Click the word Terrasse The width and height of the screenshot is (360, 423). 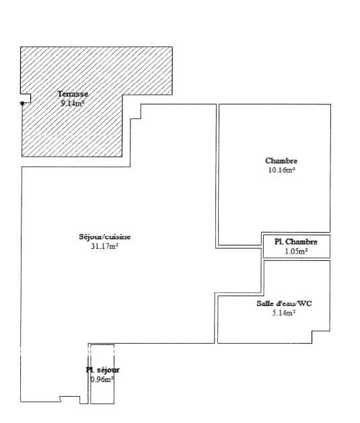click(x=73, y=94)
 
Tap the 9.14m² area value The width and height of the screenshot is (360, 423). click(x=73, y=103)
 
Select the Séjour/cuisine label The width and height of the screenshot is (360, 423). click(x=105, y=237)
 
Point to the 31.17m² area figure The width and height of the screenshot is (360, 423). click(x=105, y=246)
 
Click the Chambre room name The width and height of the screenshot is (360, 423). click(x=281, y=161)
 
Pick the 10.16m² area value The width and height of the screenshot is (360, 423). click(x=281, y=170)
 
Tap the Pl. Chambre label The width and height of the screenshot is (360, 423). click(x=296, y=241)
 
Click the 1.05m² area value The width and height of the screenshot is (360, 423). click(x=296, y=251)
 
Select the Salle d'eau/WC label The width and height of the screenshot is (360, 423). click(x=284, y=303)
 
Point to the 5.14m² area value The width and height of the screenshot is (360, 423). click(x=284, y=313)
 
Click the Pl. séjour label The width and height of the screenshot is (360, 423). click(x=102, y=370)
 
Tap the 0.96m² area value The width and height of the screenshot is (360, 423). click(x=102, y=379)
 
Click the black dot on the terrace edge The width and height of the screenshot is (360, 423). click(x=22, y=103)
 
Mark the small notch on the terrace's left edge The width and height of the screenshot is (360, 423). click(x=26, y=98)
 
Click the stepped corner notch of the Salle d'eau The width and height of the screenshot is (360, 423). click(x=321, y=337)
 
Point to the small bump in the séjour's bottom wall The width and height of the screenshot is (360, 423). click(x=69, y=399)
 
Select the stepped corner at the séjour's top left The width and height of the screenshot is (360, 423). click(x=136, y=112)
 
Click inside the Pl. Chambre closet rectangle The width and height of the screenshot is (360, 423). click(x=297, y=246)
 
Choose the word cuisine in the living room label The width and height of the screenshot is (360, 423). click(x=118, y=237)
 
